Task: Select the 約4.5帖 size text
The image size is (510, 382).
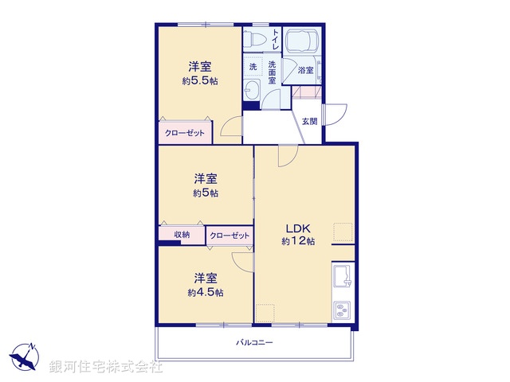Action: click(205, 292)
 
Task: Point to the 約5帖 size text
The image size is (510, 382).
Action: click(205, 193)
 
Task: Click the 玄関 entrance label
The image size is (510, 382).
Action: click(310, 121)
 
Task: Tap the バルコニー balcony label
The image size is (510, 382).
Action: click(254, 342)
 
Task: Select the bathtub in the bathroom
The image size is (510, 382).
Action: click(302, 41)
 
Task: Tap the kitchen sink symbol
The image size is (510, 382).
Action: click(343, 277)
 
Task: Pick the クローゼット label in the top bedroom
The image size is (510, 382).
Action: click(185, 134)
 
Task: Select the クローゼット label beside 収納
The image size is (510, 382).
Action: click(229, 236)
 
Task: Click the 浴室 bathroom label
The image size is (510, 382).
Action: click(305, 70)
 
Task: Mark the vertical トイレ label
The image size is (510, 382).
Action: click(276, 40)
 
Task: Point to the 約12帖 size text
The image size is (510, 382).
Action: click(298, 240)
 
